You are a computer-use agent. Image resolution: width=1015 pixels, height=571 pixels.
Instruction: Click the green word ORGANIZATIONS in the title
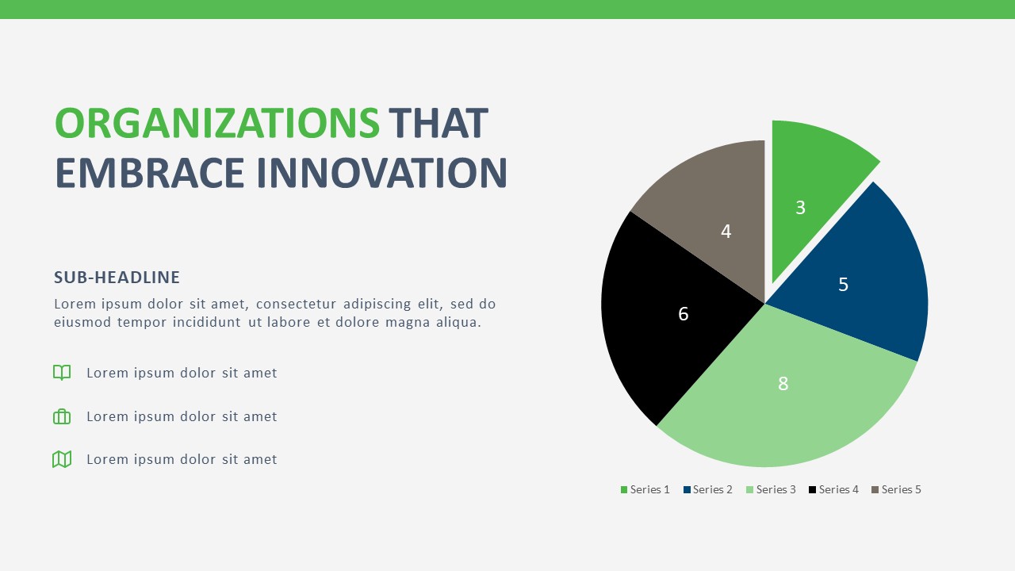pos(216,124)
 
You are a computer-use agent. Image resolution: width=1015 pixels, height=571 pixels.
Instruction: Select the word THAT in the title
pos(438,124)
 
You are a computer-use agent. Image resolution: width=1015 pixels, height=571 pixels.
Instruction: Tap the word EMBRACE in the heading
pos(150,173)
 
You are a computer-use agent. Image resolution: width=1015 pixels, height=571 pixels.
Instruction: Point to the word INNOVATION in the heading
pos(381,173)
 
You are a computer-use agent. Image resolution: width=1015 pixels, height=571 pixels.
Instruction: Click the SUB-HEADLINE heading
pos(117,278)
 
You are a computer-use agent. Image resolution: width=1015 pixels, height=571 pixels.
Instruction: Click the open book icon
pos(62,373)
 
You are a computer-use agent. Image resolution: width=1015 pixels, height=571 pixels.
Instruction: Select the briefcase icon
pos(62,416)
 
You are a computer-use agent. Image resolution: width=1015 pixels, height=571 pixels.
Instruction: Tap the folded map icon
pos(62,459)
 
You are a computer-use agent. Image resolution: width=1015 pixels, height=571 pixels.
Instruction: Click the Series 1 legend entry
pos(645,490)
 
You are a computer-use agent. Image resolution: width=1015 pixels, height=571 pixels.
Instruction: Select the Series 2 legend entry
pos(708,490)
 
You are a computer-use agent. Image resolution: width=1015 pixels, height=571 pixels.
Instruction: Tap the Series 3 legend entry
pos(771,490)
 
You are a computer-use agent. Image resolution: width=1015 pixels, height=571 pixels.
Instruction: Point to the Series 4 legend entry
pos(833,490)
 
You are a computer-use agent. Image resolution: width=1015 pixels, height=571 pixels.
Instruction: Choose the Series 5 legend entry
pos(896,490)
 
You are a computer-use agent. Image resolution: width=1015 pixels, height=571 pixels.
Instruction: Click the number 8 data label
pos(783,384)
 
